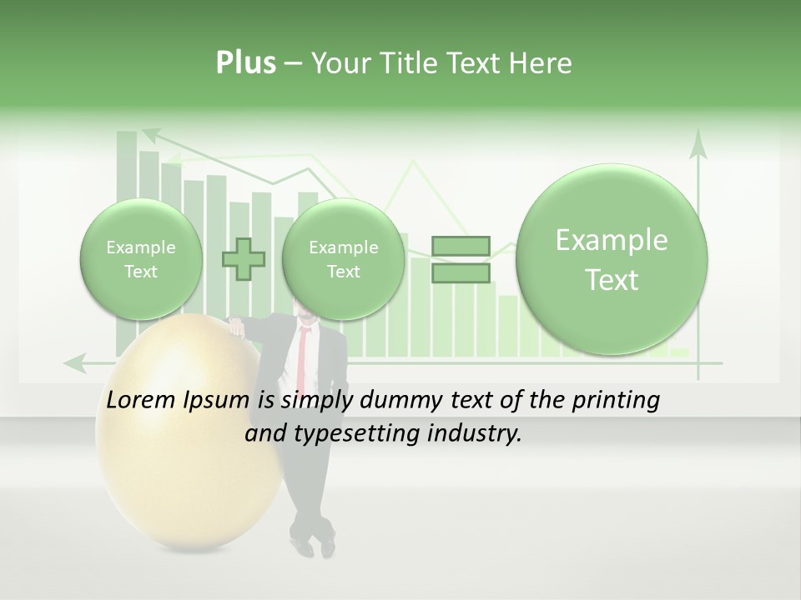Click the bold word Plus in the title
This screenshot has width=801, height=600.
pos(245,63)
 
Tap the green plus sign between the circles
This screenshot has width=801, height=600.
pos(244,259)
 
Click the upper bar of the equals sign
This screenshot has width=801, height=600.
pos(461,246)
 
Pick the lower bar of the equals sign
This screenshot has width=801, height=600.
pos(461,273)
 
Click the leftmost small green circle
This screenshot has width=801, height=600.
pos(141,259)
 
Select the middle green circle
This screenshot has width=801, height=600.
pos(343,259)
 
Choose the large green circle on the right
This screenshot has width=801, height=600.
pos(612,259)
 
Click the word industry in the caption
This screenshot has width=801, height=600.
pos(479,434)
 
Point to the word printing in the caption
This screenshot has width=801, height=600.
pos(614,401)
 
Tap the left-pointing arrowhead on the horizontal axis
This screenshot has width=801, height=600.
pos(75,362)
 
